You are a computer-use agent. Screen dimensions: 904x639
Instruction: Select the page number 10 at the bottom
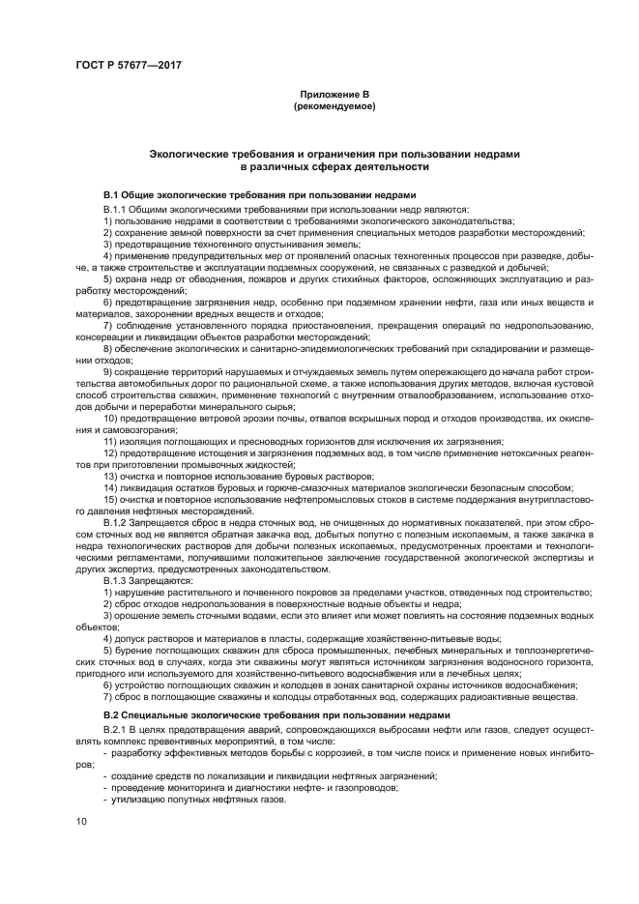[x=80, y=822]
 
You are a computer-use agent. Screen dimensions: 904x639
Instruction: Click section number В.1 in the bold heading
[x=113, y=193]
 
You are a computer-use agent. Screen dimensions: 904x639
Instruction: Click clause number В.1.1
[x=117, y=209]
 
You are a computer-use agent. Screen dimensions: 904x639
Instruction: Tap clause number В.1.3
[x=117, y=580]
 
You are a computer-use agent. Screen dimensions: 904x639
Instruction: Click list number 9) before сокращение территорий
[x=108, y=370]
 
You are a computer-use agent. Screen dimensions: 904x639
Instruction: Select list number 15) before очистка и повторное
[x=111, y=500]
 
